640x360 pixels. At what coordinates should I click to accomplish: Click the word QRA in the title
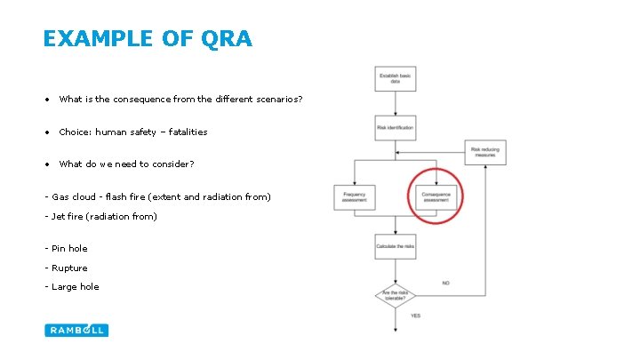coord(228,39)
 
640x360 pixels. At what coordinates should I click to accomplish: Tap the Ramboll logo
coord(76,330)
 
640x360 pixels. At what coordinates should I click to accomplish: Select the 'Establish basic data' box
coord(395,79)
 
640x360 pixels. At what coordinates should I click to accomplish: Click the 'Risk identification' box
coord(395,128)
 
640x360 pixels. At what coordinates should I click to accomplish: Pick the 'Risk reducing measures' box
coord(485,152)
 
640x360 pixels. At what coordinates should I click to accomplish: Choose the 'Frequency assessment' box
coord(354,197)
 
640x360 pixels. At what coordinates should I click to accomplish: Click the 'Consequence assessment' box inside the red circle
coord(436,197)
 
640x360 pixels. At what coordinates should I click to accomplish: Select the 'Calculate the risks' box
coord(395,245)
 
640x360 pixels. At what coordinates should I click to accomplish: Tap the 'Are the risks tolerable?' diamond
coord(395,294)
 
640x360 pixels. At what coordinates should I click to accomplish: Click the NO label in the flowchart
coord(446,284)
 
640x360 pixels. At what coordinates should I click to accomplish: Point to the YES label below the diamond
coord(415,316)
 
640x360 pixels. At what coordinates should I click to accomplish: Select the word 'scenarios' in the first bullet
coord(278,100)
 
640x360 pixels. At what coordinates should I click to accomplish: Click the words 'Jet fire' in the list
coord(69,217)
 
